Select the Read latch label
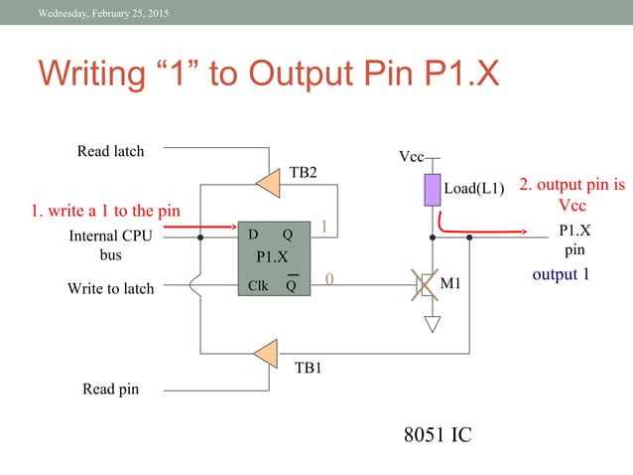tap(110, 151)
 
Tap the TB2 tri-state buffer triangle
tap(267, 181)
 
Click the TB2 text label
tap(303, 172)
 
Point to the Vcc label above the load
tap(411, 157)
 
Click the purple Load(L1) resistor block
tap(433, 189)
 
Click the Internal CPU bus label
tap(110, 245)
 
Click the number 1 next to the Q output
tap(322, 229)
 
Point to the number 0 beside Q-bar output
tap(328, 282)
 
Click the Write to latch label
tap(110, 288)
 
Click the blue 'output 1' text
tap(561, 274)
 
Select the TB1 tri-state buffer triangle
tap(266, 352)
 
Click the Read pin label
tap(109, 390)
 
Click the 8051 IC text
tap(437, 434)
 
